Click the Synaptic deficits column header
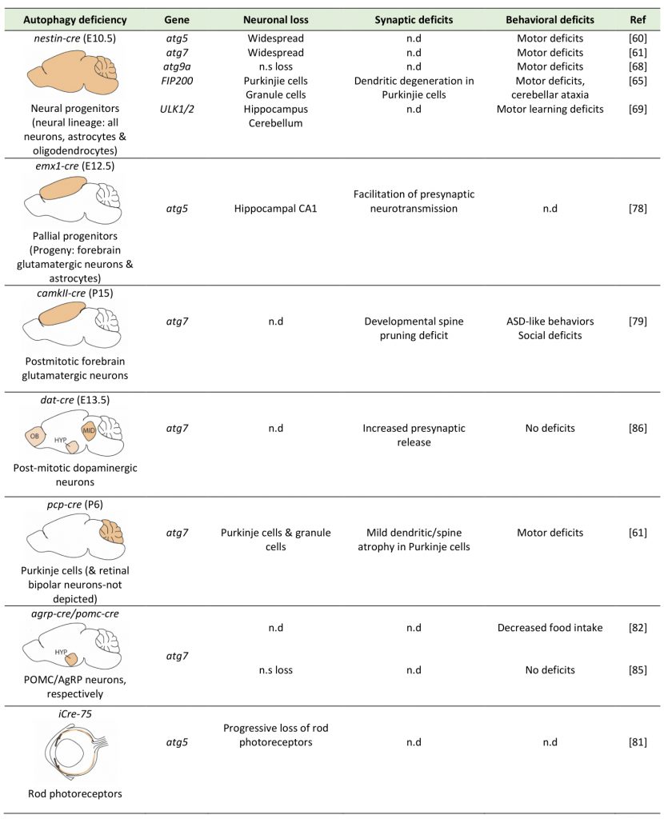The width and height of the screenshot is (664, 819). [x=414, y=20]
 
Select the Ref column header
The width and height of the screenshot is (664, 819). [x=638, y=20]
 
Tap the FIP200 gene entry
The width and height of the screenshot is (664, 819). [x=177, y=81]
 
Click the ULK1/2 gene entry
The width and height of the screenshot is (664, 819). [x=177, y=109]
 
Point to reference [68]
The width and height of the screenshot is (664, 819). [x=638, y=67]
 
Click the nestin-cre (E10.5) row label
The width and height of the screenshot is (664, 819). [x=74, y=38]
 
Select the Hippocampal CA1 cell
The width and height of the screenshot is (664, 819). [x=275, y=209]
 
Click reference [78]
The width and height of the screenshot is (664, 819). [x=638, y=209]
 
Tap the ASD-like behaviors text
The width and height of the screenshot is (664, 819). [x=550, y=322]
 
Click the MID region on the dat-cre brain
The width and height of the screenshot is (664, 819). [x=88, y=430]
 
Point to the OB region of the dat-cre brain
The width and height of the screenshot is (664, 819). [x=35, y=436]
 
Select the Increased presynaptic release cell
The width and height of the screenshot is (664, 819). [x=414, y=435]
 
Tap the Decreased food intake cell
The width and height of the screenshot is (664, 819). [x=550, y=628]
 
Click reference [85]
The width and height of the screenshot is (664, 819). [x=638, y=670]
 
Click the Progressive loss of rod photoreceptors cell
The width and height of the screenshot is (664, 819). [x=275, y=735]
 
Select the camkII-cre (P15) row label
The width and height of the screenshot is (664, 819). [x=74, y=293]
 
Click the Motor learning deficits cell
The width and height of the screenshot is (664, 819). [x=550, y=109]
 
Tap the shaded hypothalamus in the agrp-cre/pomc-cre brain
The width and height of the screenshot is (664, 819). [x=71, y=659]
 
